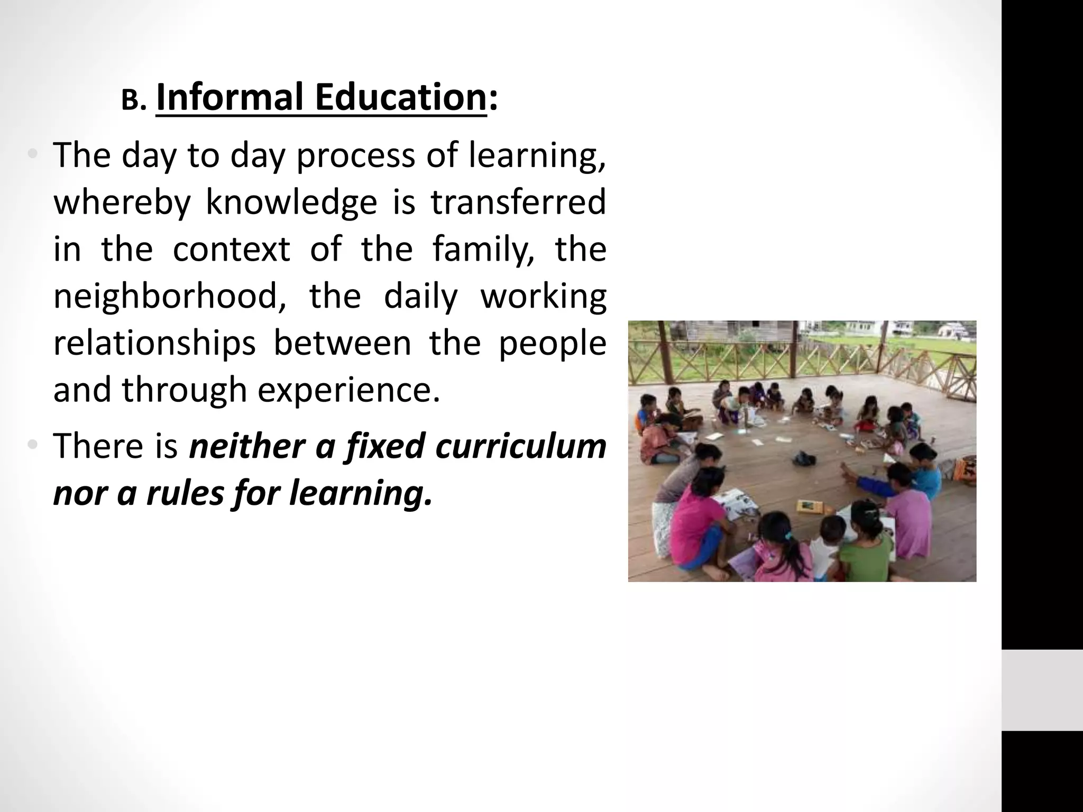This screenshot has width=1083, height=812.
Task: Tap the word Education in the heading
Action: pos(400,98)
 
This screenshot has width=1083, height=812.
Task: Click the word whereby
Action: pos(122,202)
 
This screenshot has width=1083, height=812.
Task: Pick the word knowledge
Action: pos(291,202)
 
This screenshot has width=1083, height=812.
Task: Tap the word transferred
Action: pos(518,202)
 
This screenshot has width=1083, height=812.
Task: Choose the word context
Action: pos(231,249)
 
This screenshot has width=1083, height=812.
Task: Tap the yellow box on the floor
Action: pos(807,506)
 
